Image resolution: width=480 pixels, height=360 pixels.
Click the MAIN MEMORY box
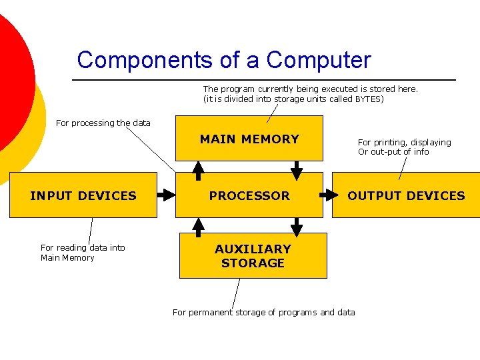[249, 139]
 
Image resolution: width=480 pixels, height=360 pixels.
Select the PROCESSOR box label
[249, 195]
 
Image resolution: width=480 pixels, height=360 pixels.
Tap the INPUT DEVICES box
[83, 195]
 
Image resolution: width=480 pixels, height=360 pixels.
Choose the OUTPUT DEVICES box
[406, 195]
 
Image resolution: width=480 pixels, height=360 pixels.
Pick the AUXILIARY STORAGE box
[253, 256]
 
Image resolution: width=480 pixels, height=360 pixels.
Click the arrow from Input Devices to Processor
[165, 195]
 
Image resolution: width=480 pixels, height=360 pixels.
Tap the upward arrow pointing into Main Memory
[199, 171]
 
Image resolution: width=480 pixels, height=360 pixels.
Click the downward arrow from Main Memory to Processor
[297, 171]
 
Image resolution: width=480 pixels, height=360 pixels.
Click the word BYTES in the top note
[369, 99]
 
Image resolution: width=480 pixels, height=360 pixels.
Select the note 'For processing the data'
[103, 123]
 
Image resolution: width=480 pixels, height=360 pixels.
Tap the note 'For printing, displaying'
[404, 142]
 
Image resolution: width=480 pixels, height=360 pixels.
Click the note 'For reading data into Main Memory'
[83, 253]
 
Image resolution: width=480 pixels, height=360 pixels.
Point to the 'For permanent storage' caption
[263, 312]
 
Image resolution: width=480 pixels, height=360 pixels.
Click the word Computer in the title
[319, 60]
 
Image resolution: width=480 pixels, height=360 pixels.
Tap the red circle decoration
[10, 73]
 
